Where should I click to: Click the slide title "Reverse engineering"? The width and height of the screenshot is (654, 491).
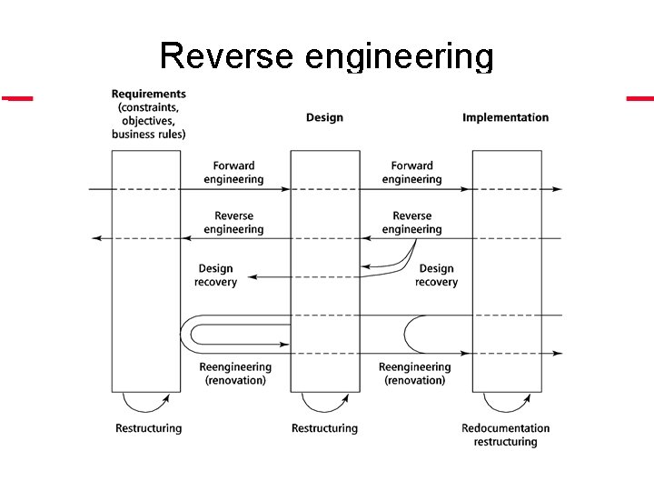coord(326,56)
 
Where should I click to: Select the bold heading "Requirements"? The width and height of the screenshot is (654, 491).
coord(148,94)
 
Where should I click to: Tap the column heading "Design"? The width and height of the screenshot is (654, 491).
coord(324,117)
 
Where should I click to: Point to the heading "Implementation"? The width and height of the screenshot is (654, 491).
coord(505,117)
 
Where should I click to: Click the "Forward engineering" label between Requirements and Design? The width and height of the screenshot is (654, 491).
coord(233,173)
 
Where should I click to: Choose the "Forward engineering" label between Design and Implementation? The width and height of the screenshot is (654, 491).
coord(411,173)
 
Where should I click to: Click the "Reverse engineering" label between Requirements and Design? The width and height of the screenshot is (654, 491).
coord(233,223)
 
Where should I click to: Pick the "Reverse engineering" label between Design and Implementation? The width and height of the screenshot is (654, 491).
coord(411,223)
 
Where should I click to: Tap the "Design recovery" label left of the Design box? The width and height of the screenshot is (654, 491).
coord(215,276)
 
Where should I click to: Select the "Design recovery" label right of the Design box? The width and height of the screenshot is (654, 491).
coord(436,276)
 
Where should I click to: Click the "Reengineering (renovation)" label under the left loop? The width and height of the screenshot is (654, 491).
coord(235,374)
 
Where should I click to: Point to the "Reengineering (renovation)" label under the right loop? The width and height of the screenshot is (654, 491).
coord(414,374)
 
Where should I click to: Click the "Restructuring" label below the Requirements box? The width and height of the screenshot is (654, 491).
coord(148,428)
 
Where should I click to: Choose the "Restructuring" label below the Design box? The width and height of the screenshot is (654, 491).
coord(324,428)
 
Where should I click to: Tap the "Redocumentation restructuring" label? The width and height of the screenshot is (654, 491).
coord(505,435)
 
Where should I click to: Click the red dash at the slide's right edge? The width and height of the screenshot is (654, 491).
coord(639,97)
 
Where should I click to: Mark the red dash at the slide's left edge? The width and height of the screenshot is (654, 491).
coord(16,97)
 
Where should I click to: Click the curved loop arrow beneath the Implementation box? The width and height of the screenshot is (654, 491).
coord(507,404)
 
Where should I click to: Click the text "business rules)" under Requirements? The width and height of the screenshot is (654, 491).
coord(148,135)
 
